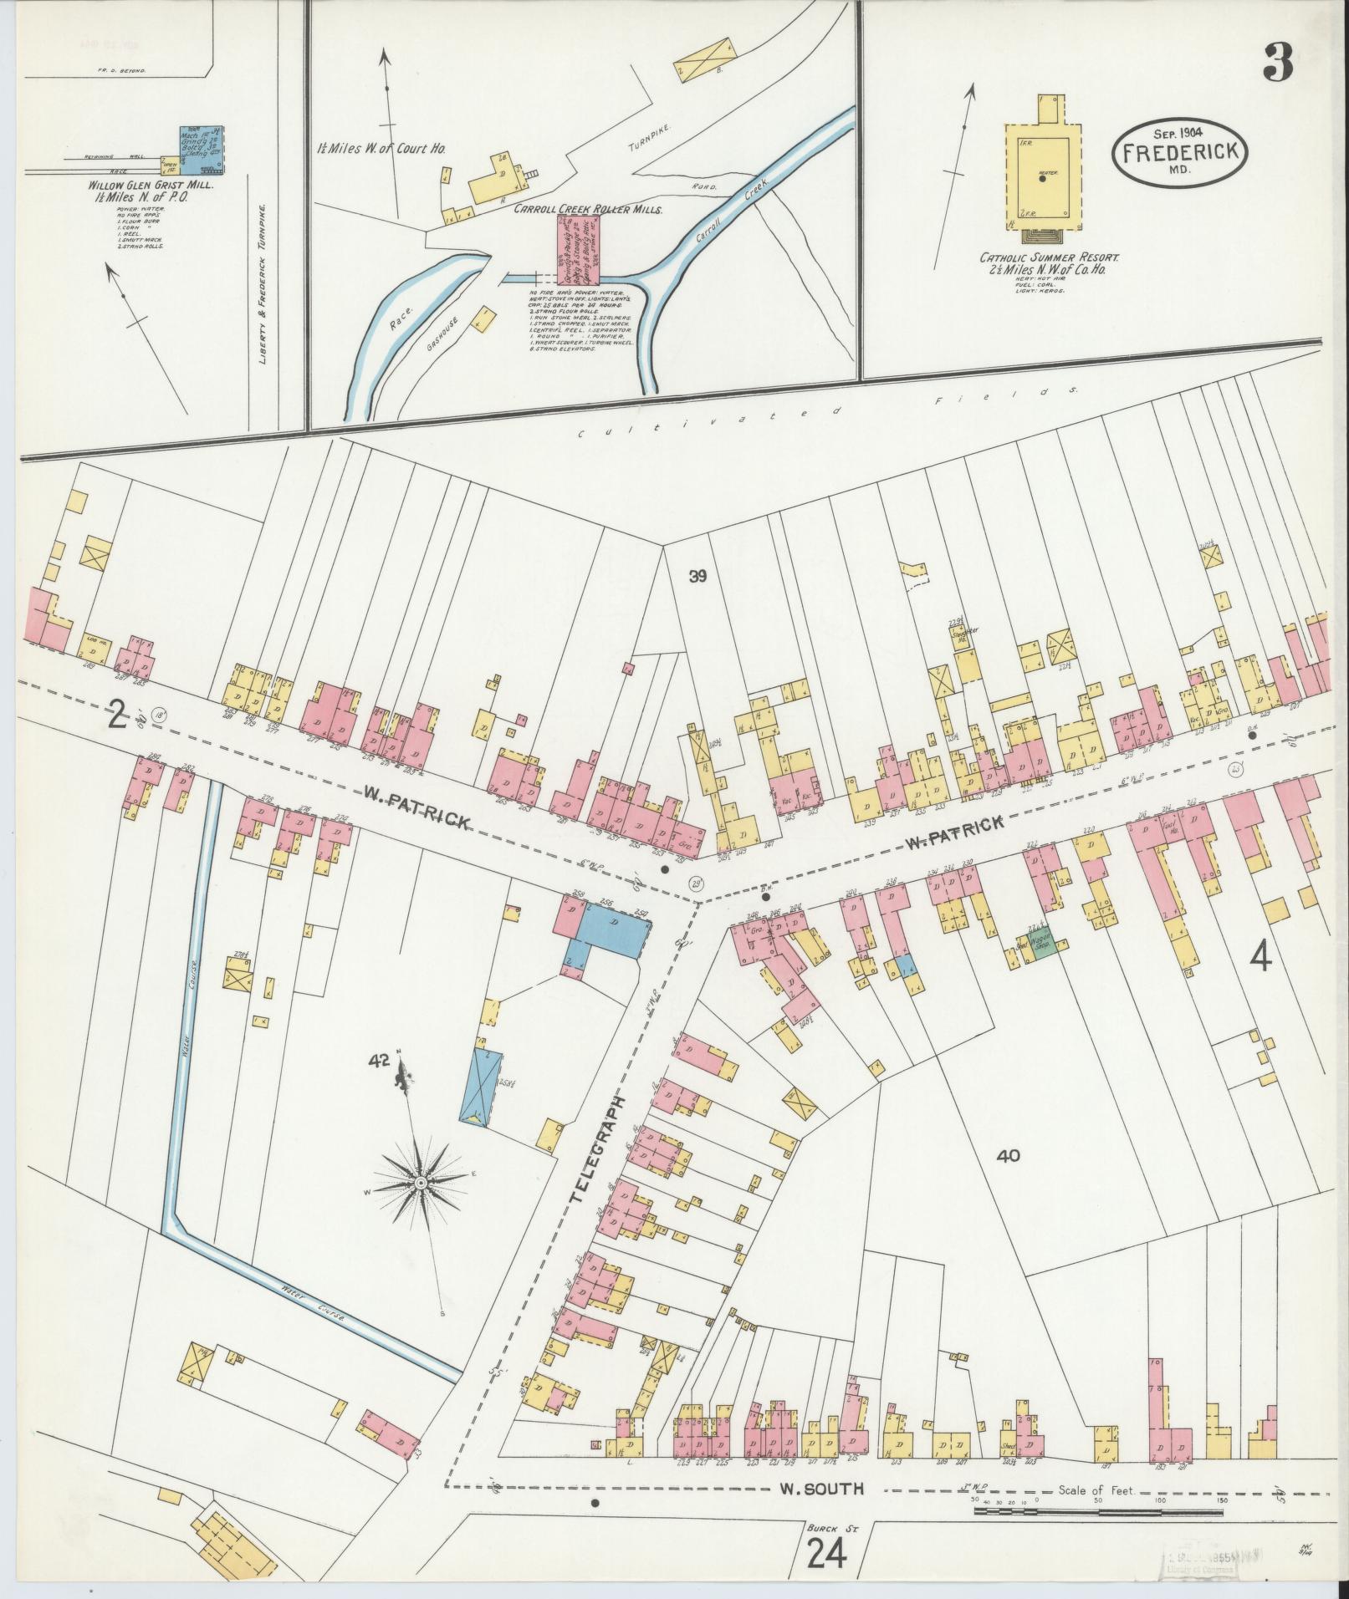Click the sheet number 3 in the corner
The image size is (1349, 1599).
[x=1278, y=62]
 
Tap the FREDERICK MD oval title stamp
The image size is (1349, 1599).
[x=1179, y=154]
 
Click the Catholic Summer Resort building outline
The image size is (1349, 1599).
[x=1042, y=171]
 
